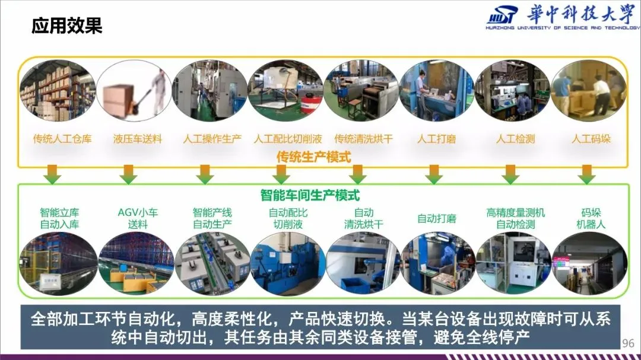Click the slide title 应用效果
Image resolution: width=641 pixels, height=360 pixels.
(x=67, y=26)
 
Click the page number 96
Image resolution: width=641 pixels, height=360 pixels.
(x=627, y=343)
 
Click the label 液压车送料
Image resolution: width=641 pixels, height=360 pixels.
(x=138, y=139)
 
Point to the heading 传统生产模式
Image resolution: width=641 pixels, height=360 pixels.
(x=314, y=157)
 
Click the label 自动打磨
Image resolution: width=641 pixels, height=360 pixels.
(x=437, y=218)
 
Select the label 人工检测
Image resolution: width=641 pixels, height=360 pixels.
(x=515, y=139)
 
